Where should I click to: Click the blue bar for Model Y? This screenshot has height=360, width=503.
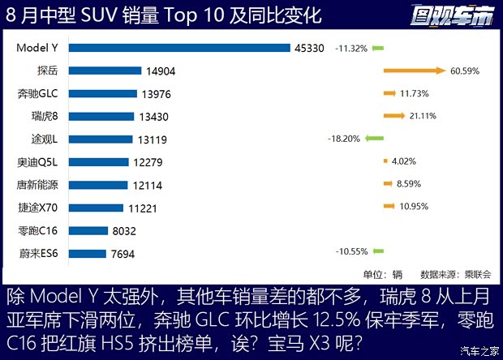pos(179,48)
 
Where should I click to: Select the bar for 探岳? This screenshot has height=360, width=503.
pos(105,71)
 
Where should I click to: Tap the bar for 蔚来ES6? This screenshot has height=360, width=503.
pos(87,254)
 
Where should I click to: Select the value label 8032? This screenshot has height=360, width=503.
pos(127,231)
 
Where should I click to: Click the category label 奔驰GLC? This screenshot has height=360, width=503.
pos(38,93)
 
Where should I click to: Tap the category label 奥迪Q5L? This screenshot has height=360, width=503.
pos(38,162)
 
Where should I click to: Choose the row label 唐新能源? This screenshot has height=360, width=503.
pos(38,185)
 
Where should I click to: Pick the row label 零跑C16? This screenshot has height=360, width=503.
pos(38,231)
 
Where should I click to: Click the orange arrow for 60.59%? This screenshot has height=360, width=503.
pos(414,71)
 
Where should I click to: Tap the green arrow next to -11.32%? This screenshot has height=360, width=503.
pos(378,48)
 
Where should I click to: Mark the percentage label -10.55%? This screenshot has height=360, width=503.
pos(351,254)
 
